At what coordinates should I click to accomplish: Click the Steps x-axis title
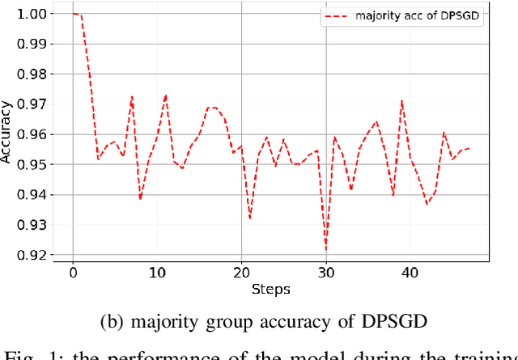271,289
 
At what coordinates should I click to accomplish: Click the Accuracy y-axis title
8,134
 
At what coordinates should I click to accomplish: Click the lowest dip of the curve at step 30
326,250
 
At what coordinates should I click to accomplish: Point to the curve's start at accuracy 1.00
74,14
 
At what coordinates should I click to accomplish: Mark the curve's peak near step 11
166,95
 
